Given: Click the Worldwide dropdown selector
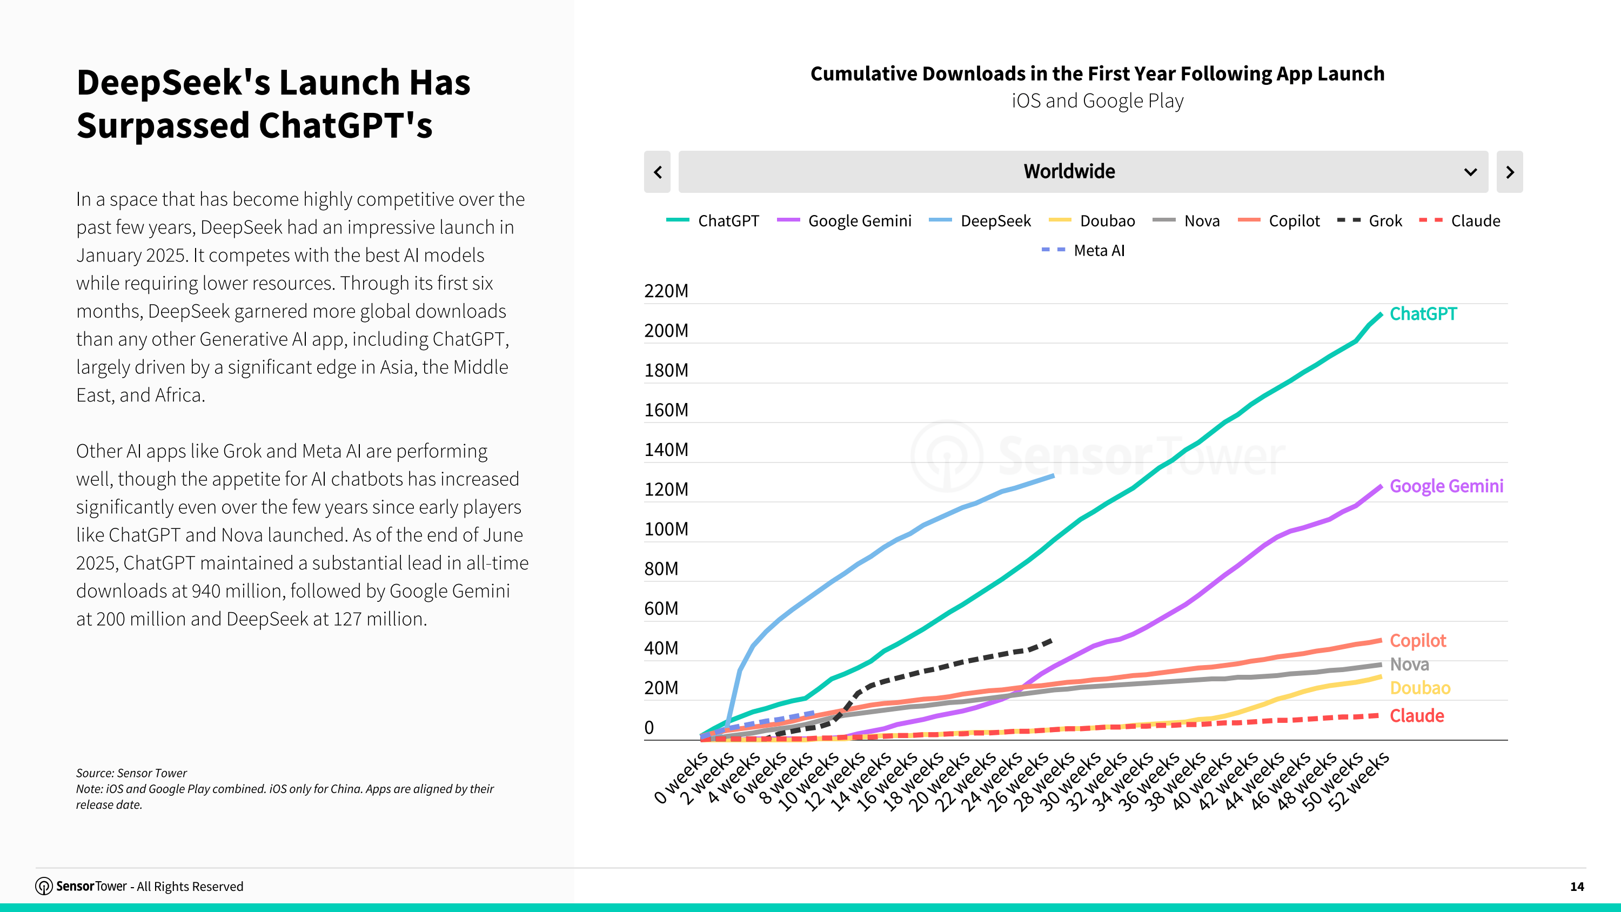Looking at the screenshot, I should [x=1082, y=172].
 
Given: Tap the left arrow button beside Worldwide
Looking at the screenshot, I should [x=658, y=172].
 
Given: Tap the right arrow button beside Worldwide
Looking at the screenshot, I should [x=1509, y=172].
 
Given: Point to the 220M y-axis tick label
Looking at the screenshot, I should [x=666, y=291].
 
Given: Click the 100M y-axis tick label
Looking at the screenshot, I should [x=666, y=529].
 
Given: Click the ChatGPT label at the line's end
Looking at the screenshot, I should [x=1423, y=313].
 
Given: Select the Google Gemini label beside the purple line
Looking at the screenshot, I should [x=1446, y=486].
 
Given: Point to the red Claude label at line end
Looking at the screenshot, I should [x=1417, y=716].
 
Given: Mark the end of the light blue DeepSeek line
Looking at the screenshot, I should [x=1053, y=477].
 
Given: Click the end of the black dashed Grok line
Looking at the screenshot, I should [x=1050, y=641].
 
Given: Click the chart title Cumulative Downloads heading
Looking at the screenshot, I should [x=1097, y=73].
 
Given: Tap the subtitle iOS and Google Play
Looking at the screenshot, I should [x=1097, y=100].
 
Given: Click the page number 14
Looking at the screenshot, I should [x=1576, y=886].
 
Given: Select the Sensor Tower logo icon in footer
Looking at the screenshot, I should [x=43, y=886].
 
